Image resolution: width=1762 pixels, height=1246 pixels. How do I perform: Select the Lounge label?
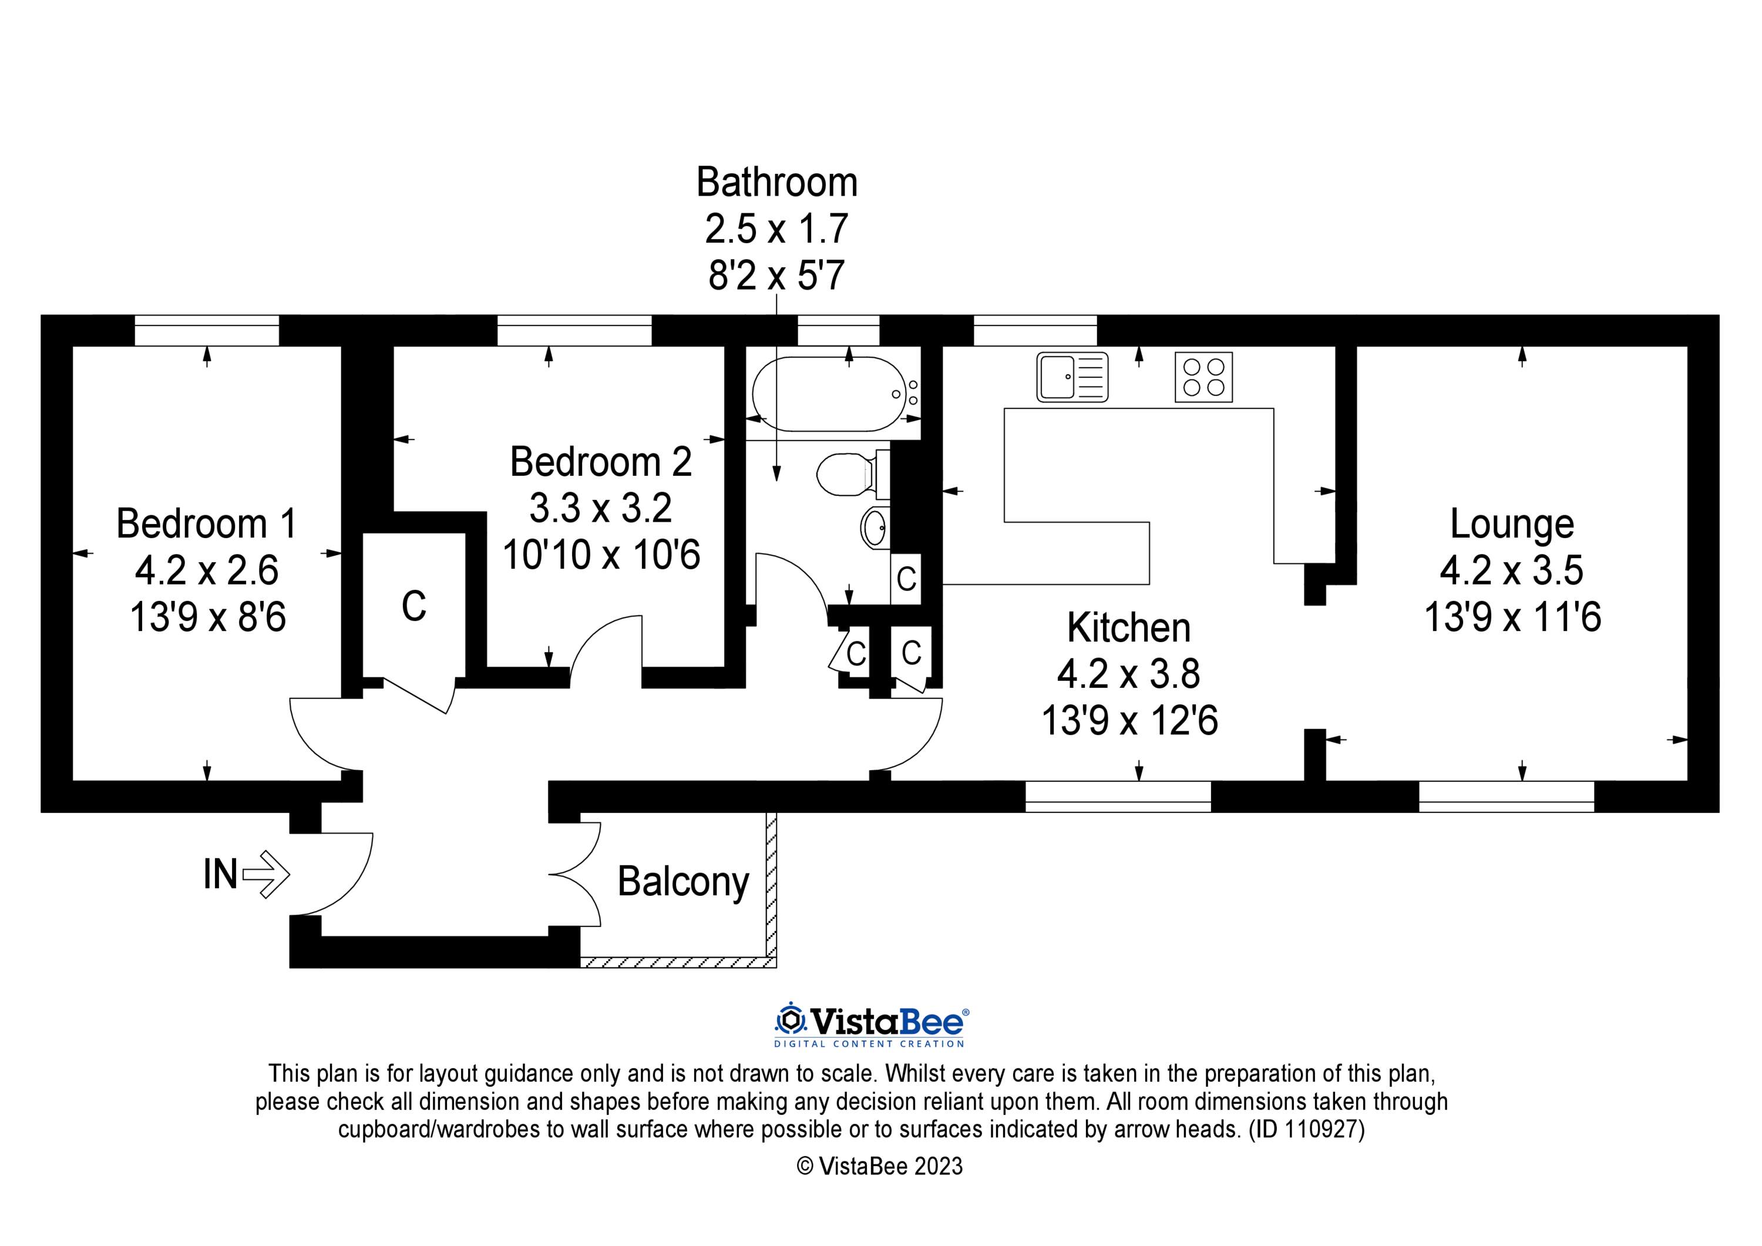pyautogui.click(x=1511, y=525)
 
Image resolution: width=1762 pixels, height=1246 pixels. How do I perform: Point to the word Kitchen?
pyautogui.click(x=1128, y=628)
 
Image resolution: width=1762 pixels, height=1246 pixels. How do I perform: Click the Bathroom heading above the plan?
pyautogui.click(x=776, y=183)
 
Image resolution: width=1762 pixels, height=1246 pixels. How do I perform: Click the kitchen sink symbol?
pyautogui.click(x=1071, y=377)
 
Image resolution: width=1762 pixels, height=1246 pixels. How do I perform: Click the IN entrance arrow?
pyautogui.click(x=265, y=874)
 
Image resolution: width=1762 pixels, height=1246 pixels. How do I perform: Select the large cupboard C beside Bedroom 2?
pyautogui.click(x=413, y=606)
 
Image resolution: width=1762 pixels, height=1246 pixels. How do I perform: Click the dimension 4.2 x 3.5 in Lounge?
pyautogui.click(x=1511, y=570)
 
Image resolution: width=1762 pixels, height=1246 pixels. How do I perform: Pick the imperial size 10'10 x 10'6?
pyautogui.click(x=601, y=555)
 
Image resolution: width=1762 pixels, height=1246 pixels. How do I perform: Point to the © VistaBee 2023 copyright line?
pyautogui.click(x=879, y=1166)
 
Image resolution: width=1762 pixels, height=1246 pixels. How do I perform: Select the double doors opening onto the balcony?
pyautogui.click(x=576, y=874)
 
